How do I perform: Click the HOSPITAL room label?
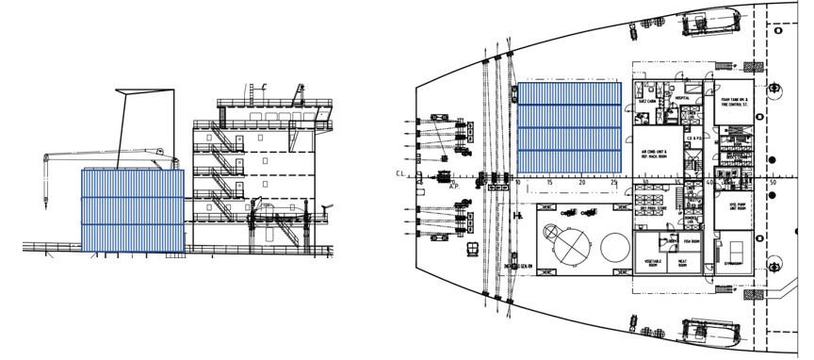point(682,97)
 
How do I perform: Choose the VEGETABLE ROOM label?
point(654,263)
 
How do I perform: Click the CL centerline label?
point(401,174)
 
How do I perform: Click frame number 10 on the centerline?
point(517,182)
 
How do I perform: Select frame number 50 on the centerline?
point(773,182)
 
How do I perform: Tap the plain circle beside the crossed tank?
point(613,249)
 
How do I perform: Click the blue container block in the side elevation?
point(132,210)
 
